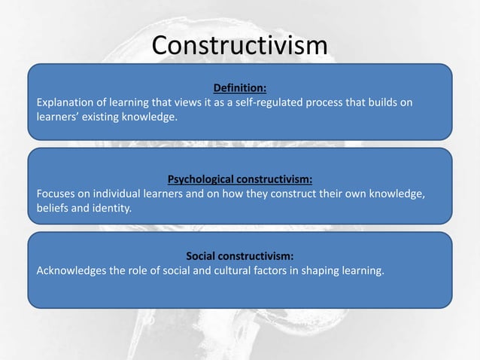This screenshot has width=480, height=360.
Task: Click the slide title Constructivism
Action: [x=239, y=46]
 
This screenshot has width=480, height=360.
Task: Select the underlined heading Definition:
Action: [x=240, y=87]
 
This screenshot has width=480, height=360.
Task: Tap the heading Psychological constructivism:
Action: [x=239, y=179]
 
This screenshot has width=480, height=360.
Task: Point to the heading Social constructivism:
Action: [x=239, y=255]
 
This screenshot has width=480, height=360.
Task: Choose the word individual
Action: [x=120, y=194]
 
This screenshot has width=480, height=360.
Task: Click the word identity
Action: [x=111, y=209]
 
